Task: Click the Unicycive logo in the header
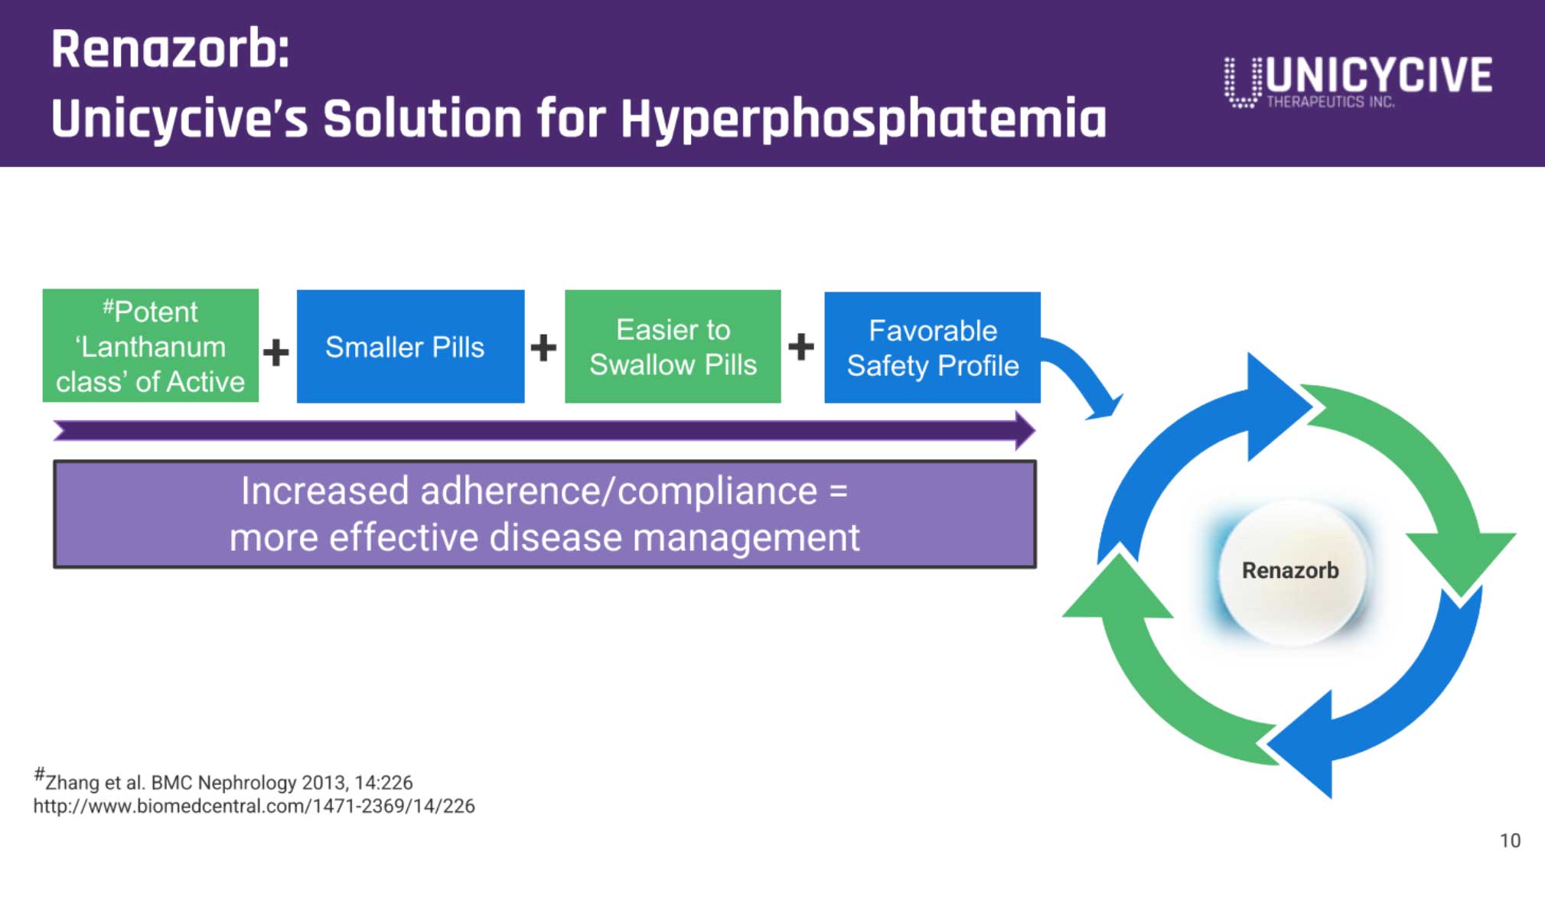coord(1358,81)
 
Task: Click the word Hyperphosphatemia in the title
coord(864,119)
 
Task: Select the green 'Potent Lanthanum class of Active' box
coord(151,345)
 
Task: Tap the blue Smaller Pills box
coord(411,346)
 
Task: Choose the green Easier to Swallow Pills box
coord(673,346)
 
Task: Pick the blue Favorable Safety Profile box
coord(932,348)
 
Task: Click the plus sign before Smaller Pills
coord(276,352)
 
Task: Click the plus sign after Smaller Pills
coord(543,348)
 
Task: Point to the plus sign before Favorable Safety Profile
coord(801,347)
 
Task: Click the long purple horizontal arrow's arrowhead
coord(1025,430)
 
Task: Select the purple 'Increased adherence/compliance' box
coord(545,514)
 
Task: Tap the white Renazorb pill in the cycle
coord(1291,570)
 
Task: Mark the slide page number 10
coord(1510,840)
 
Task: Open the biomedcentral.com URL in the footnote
coord(254,806)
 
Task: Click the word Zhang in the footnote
coord(73,782)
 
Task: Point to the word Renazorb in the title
coord(170,49)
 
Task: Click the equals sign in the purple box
coord(839,491)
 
